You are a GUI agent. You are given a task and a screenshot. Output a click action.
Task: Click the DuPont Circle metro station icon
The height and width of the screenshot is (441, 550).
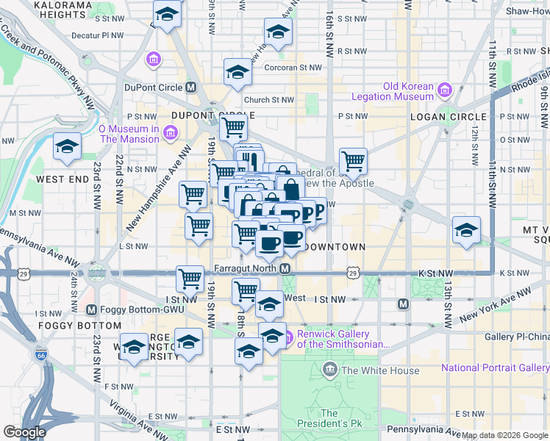point(191,87)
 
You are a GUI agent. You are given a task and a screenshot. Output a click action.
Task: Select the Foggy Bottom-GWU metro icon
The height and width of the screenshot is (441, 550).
point(92,310)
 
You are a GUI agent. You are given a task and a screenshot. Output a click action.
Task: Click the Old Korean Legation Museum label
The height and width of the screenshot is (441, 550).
point(382,91)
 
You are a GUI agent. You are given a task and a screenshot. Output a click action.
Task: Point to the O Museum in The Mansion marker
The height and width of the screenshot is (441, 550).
point(171,133)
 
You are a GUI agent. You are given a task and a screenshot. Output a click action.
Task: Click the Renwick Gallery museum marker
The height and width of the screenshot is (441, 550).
point(287,338)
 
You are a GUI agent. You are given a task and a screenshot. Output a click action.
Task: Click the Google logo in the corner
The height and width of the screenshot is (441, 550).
point(24,432)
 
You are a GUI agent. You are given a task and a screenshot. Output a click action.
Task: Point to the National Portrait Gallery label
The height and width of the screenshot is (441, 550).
point(494,367)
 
